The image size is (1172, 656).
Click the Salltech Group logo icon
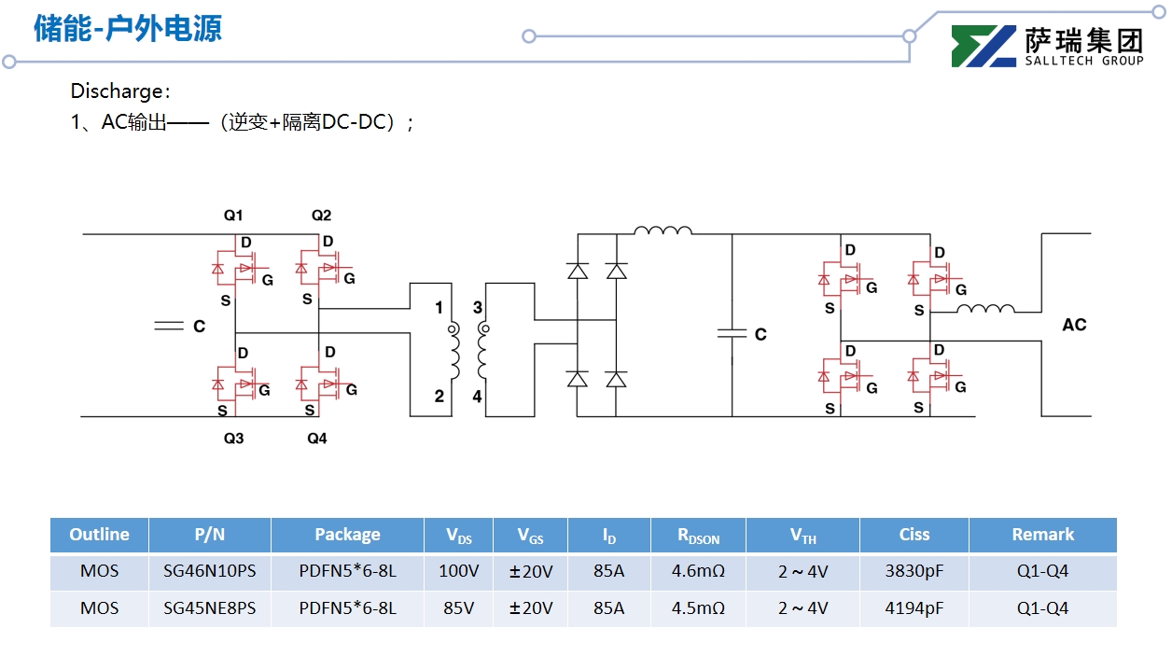(984, 47)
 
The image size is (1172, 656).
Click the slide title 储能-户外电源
(128, 29)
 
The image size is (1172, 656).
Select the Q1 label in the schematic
(232, 216)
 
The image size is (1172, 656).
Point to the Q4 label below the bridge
(317, 439)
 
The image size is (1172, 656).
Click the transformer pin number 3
(478, 308)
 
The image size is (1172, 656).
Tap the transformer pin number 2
(439, 397)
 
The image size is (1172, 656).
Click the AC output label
(1074, 325)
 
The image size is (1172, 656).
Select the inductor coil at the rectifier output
(663, 230)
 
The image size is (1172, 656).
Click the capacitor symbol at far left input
(168, 326)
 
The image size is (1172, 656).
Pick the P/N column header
(210, 535)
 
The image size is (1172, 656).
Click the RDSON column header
(698, 536)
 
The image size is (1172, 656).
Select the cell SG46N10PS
(210, 571)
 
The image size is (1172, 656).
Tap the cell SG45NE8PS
(210, 608)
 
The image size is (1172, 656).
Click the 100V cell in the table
(458, 571)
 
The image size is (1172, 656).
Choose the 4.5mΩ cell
(698, 608)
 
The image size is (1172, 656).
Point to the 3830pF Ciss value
(914, 571)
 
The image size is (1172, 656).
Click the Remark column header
(1042, 535)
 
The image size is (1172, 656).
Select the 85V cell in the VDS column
(458, 608)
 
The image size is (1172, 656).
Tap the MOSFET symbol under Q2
(320, 270)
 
